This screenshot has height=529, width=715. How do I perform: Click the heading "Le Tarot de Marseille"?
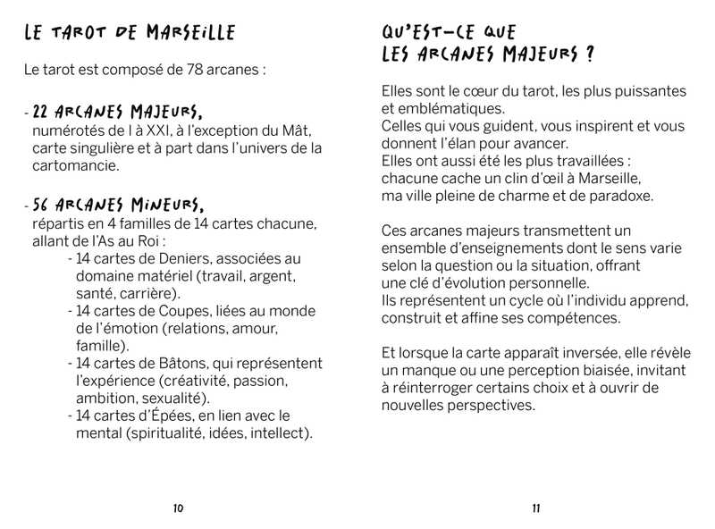(x=130, y=34)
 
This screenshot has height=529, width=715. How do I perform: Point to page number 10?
(x=178, y=508)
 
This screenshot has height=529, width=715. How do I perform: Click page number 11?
(x=536, y=508)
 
